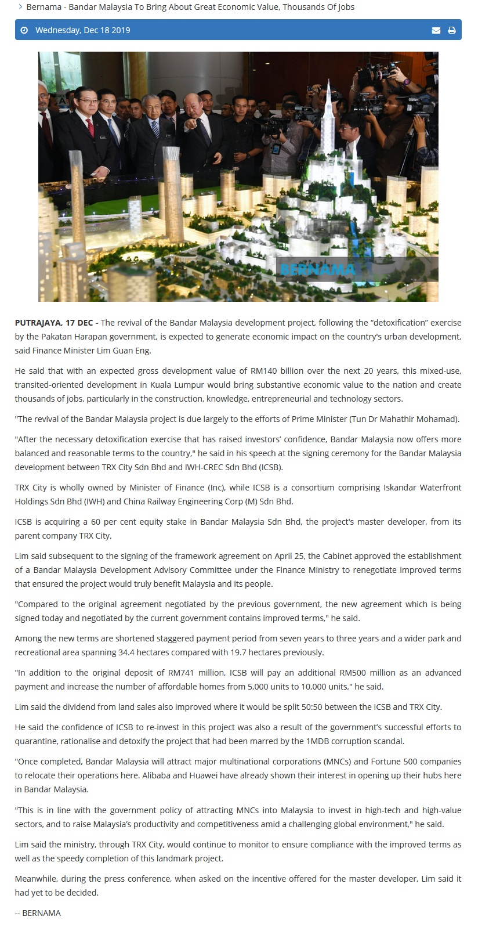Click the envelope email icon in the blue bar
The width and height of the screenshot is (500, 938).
point(436,30)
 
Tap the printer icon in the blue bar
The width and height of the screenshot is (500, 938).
point(452,30)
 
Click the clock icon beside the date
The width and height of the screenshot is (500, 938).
point(24,30)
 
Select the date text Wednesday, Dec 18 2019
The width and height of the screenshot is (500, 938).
point(82,30)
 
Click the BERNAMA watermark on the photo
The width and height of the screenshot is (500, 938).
point(317,269)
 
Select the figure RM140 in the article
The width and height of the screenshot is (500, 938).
point(265,371)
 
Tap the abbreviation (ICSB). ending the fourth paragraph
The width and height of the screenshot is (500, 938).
point(270,467)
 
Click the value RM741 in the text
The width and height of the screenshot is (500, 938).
point(182,673)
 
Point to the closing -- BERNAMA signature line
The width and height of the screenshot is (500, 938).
point(38,913)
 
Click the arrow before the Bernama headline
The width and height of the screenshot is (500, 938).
point(20,7)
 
